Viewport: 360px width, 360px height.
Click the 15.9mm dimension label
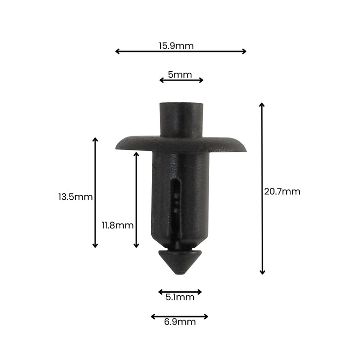click(x=176, y=46)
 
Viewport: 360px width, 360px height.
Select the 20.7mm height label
click(x=282, y=191)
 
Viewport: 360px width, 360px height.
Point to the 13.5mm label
click(x=75, y=197)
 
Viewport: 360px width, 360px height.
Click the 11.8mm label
click(x=118, y=225)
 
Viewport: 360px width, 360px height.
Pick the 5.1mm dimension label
click(x=180, y=298)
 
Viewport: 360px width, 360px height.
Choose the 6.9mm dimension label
click(x=180, y=322)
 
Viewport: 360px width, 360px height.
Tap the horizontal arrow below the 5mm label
click(x=181, y=80)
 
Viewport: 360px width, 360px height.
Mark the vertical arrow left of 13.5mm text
click(x=95, y=193)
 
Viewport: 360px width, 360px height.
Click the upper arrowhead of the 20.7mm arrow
click(x=262, y=105)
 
